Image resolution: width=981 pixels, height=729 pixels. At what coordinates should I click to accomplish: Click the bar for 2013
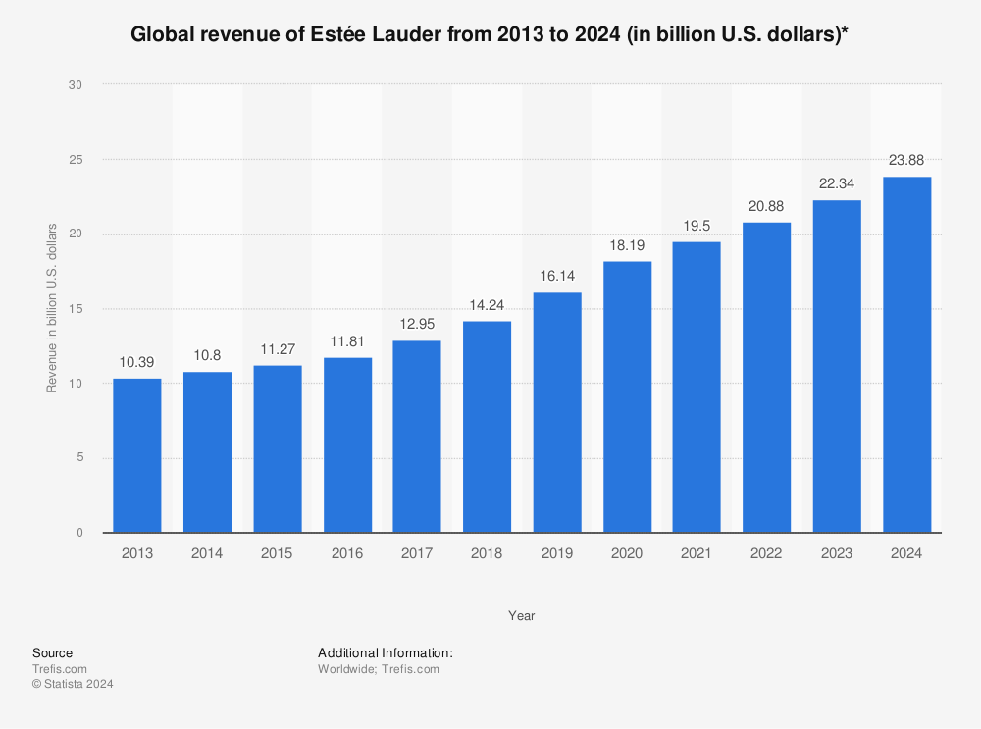(137, 455)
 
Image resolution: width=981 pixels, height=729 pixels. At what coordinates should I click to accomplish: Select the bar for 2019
(557, 412)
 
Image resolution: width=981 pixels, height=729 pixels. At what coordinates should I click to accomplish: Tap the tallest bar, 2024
(906, 354)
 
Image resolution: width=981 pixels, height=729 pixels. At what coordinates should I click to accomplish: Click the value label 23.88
(906, 159)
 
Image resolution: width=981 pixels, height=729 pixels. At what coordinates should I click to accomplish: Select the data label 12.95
(417, 323)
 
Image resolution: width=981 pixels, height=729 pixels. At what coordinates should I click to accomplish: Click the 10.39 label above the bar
(137, 361)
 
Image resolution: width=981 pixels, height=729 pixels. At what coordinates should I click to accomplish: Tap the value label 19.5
(697, 225)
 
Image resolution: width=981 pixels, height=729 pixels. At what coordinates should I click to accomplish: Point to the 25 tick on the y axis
(76, 160)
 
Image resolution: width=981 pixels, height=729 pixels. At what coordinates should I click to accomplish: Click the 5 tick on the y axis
(78, 458)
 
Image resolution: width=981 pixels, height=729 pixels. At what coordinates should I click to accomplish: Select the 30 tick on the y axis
(76, 85)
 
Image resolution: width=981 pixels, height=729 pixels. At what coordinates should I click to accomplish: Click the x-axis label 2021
(697, 554)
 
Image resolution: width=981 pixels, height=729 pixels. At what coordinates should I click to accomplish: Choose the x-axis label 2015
(277, 554)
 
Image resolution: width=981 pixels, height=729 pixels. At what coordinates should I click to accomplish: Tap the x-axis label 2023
(837, 554)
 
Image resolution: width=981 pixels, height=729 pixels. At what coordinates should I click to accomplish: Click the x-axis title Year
(521, 616)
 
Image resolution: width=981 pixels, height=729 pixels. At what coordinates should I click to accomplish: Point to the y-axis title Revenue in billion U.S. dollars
(52, 309)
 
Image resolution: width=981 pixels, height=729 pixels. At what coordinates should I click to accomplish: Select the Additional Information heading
(385, 652)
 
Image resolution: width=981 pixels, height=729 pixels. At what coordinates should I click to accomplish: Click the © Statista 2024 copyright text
(73, 685)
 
